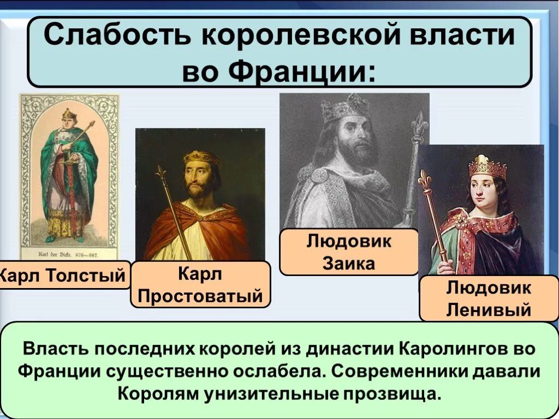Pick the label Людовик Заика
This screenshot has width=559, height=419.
(x=349, y=253)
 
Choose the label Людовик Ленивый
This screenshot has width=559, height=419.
(x=489, y=299)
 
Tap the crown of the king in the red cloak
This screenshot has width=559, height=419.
(x=200, y=157)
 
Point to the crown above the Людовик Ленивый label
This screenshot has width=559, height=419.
(x=487, y=166)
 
